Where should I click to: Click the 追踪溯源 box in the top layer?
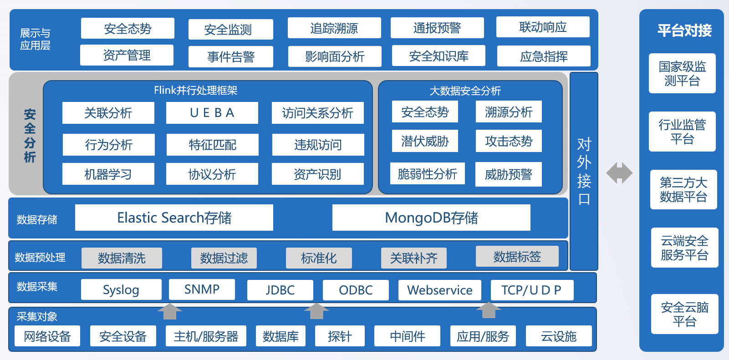pos(334,28)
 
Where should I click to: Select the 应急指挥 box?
pos(544,56)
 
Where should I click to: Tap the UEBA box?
pos(212,113)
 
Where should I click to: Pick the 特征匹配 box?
pos(213,144)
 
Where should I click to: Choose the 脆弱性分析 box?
pos(427,173)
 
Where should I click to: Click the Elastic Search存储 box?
pos(174,218)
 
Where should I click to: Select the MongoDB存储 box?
pos(431,218)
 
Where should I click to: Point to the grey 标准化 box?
pos(319,258)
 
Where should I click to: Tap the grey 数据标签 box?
pos(517,256)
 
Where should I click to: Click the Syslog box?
pos(121,289)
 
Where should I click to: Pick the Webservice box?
pos(440,290)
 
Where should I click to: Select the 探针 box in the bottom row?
pos(340,336)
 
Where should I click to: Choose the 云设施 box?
pos(559,336)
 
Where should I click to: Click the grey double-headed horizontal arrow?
pos(619,172)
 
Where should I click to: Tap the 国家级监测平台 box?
pos(682,73)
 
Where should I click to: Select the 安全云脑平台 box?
pos(685,314)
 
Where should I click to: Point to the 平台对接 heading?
pos(684,30)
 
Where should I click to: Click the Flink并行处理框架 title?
pos(196,91)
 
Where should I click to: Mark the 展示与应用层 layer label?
pos(35,39)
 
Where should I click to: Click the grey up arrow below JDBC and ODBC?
pos(316,311)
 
